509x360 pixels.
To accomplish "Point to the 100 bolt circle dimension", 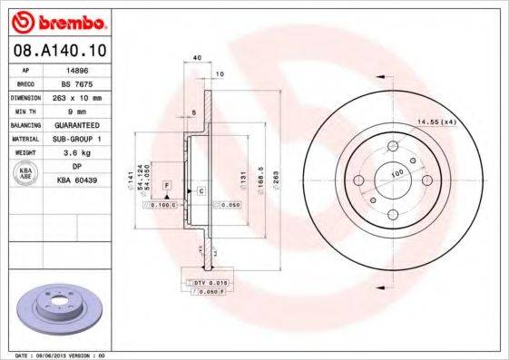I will coord(396,171).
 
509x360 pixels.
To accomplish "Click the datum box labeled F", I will coord(167,186).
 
